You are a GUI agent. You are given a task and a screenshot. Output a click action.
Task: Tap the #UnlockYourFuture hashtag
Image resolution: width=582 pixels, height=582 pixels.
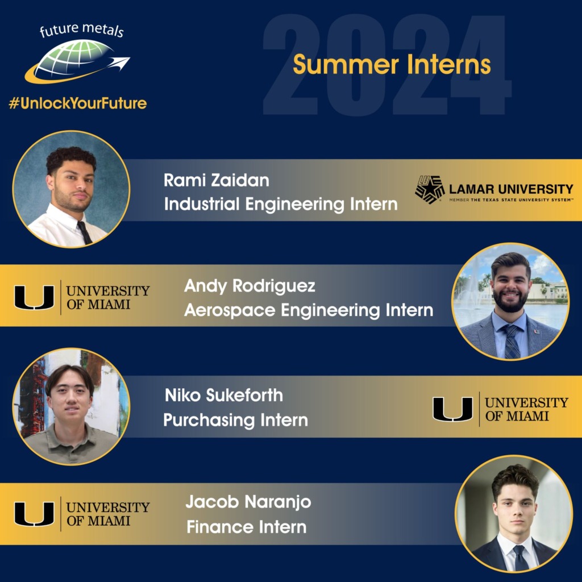point(77,103)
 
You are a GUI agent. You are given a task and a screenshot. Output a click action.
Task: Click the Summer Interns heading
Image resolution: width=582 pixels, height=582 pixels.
point(392,65)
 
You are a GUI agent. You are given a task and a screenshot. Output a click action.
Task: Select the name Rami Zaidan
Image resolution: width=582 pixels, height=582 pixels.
point(216,181)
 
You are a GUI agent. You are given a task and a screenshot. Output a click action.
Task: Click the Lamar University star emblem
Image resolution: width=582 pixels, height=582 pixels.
point(429,189)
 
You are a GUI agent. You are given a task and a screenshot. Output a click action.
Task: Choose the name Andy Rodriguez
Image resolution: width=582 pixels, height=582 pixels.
point(250,286)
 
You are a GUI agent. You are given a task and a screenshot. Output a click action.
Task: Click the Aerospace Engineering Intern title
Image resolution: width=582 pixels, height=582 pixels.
point(309,310)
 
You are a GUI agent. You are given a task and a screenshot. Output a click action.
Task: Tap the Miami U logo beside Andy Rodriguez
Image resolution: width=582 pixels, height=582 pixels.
point(34,297)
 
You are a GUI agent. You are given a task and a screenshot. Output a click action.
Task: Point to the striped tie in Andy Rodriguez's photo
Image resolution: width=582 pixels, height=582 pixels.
point(512,341)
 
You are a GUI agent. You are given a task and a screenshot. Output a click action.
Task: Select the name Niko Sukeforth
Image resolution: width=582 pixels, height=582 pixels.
point(223,395)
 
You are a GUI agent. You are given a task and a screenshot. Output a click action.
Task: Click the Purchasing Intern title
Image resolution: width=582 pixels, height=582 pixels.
point(235,420)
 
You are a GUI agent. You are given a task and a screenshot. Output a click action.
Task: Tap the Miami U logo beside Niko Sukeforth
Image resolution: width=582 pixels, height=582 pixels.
point(452,409)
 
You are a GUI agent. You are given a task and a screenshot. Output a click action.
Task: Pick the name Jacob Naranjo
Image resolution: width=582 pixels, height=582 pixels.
point(248,502)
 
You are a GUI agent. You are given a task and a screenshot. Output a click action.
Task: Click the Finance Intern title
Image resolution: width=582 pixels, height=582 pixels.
point(246,527)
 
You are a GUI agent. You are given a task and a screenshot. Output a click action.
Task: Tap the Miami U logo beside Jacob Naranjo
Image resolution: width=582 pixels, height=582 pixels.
point(34,514)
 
